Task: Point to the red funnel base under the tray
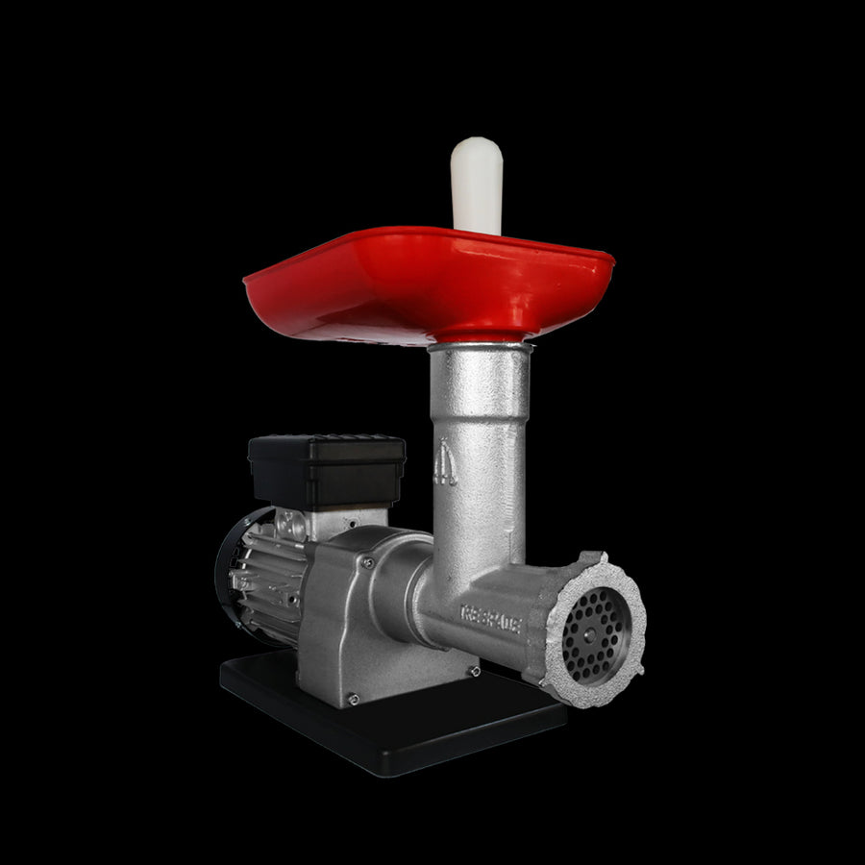click(x=481, y=334)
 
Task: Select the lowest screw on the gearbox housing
click(x=353, y=699)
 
